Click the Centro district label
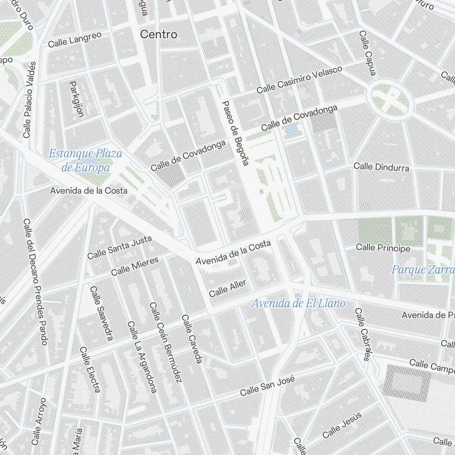click(158, 34)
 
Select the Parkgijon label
click(76, 99)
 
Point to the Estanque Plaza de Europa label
click(86, 160)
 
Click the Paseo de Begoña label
click(235, 133)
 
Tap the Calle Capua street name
click(368, 53)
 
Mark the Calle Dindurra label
click(381, 167)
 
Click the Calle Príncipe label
click(383, 248)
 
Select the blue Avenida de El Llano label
click(298, 303)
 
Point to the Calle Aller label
click(227, 288)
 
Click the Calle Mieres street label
click(135, 266)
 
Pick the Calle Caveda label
click(191, 339)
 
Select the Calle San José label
click(268, 386)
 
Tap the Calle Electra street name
click(90, 369)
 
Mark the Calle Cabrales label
click(362, 334)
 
